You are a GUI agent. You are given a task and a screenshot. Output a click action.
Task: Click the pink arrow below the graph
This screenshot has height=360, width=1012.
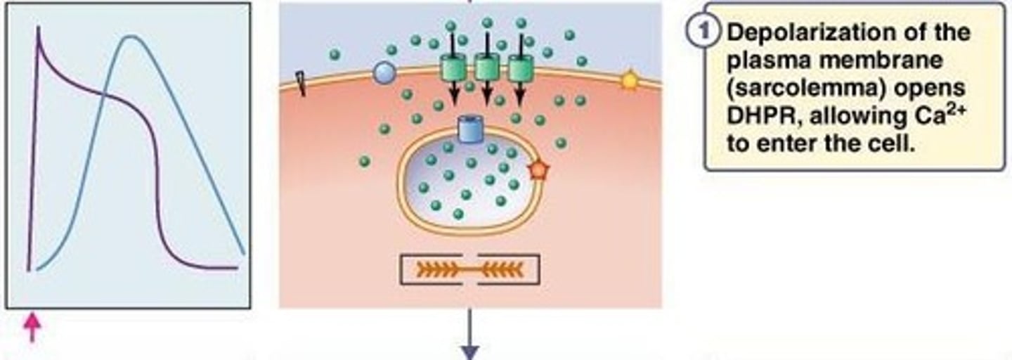click(x=32, y=328)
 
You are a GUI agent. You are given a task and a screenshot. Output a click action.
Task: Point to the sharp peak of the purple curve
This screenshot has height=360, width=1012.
click(x=38, y=29)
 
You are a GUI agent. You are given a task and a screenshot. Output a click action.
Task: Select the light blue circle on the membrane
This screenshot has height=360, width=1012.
click(x=383, y=72)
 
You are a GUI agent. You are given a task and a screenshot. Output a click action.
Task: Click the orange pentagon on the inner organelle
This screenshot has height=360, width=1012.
click(x=538, y=169)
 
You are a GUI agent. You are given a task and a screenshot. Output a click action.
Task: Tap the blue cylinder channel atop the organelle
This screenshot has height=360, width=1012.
click(x=468, y=129)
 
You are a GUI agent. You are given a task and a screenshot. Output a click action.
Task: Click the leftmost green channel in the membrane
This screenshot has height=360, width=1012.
click(x=453, y=68)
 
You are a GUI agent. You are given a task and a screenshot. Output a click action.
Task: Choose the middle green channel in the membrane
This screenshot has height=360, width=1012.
click(x=487, y=68)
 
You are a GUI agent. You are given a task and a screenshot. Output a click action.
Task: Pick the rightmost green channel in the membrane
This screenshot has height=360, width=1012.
click(x=521, y=68)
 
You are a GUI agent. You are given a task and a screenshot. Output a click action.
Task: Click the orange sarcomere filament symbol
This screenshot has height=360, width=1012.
click(x=469, y=269)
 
